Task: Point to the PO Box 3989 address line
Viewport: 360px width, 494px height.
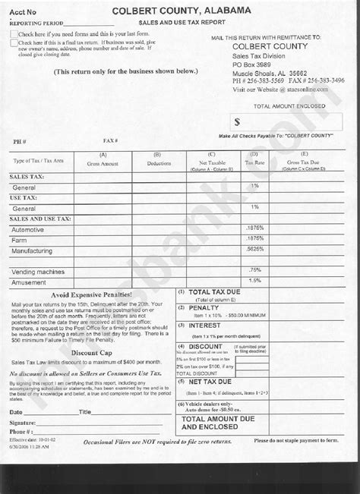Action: (257, 66)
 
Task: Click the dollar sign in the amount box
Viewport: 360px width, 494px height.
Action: (237, 121)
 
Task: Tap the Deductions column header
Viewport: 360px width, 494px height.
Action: (159, 162)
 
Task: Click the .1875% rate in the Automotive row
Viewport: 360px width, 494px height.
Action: (254, 228)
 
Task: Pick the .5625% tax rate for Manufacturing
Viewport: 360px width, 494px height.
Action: (254, 249)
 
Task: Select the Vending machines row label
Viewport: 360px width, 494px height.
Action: (38, 271)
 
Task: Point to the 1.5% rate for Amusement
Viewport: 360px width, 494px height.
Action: (254, 281)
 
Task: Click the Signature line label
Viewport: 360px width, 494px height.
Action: (22, 422)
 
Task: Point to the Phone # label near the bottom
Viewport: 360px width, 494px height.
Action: (21, 431)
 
